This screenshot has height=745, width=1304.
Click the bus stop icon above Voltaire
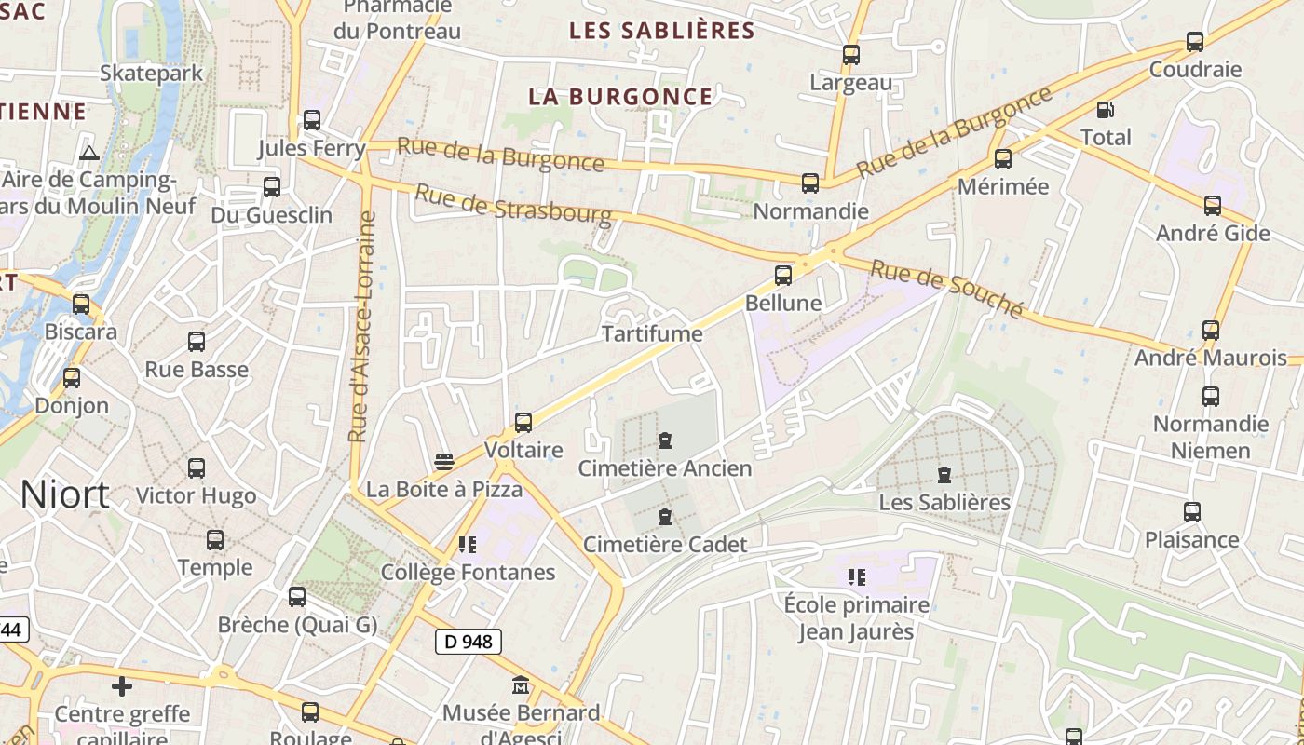pyautogui.click(x=523, y=423)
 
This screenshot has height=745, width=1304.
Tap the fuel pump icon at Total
pyautogui.click(x=1106, y=110)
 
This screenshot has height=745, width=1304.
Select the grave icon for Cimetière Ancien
pyautogui.click(x=665, y=440)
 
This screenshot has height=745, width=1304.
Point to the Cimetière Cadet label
pyautogui.click(x=665, y=544)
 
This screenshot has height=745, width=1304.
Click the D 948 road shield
pyautogui.click(x=469, y=641)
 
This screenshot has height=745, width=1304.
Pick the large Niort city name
pyautogui.click(x=65, y=494)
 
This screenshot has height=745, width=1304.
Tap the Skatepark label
pyautogui.click(x=151, y=73)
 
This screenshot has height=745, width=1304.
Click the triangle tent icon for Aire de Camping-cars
pyautogui.click(x=89, y=153)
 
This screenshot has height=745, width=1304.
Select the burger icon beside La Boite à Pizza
pyautogui.click(x=444, y=462)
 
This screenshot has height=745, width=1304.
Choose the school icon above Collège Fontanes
pyautogui.click(x=467, y=545)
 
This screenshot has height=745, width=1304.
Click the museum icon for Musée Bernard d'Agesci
pyautogui.click(x=521, y=686)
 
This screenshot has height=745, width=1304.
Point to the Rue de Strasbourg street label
pyautogui.click(x=513, y=204)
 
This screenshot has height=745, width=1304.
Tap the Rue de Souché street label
pyautogui.click(x=946, y=289)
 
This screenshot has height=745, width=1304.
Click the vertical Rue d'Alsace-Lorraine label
pyautogui.click(x=360, y=326)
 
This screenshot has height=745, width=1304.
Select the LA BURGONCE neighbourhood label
pyautogui.click(x=620, y=97)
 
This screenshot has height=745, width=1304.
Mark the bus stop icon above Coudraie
pyautogui.click(x=1195, y=42)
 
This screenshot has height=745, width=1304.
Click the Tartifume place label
pyautogui.click(x=652, y=333)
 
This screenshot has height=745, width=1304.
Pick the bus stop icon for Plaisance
pyautogui.click(x=1192, y=512)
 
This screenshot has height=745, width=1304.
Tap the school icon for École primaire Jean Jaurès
pyautogui.click(x=857, y=577)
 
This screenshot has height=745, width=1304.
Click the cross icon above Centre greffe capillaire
pyautogui.click(x=122, y=687)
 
